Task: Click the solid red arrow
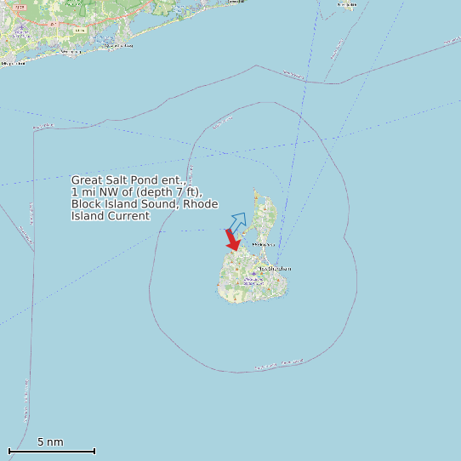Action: [231, 240]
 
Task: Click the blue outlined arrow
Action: [237, 222]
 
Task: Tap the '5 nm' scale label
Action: [50, 442]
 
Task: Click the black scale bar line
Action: [51, 451]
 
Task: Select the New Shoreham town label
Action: [274, 269]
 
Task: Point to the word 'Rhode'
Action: [202, 204]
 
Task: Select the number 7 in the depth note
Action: [177, 192]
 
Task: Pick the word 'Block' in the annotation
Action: [86, 204]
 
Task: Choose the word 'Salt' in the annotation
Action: [117, 180]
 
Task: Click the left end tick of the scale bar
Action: [9, 451]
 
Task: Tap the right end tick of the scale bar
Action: [94, 451]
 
